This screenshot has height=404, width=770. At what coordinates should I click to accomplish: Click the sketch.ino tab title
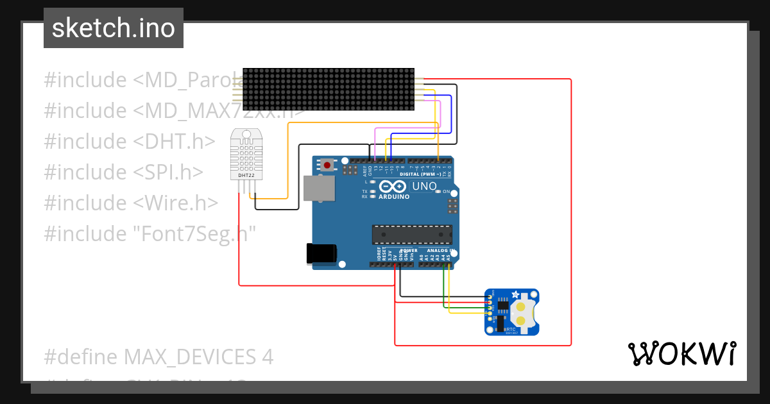(114, 28)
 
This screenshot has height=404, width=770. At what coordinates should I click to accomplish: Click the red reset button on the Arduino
(327, 165)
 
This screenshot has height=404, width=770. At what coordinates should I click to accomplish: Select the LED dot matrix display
(327, 89)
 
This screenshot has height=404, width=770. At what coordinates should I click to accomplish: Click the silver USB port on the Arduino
(318, 189)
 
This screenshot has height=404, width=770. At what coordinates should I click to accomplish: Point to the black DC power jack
(321, 253)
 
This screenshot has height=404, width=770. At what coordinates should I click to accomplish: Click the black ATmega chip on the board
(412, 235)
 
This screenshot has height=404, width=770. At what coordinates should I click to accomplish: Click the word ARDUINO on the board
(394, 197)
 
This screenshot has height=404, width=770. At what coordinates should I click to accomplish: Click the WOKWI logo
(681, 353)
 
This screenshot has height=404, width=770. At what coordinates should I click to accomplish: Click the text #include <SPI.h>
(123, 172)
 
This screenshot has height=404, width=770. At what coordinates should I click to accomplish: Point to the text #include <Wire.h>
(131, 203)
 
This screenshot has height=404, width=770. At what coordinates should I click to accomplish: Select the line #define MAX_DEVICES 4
(158, 357)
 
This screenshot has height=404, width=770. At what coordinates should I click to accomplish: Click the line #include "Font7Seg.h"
(150, 233)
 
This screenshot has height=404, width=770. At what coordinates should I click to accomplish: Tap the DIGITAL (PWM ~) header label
(420, 174)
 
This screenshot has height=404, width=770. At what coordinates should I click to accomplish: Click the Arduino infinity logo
(393, 187)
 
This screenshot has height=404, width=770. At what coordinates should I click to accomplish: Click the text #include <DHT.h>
(129, 141)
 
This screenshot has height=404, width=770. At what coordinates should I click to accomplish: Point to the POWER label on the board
(409, 251)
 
